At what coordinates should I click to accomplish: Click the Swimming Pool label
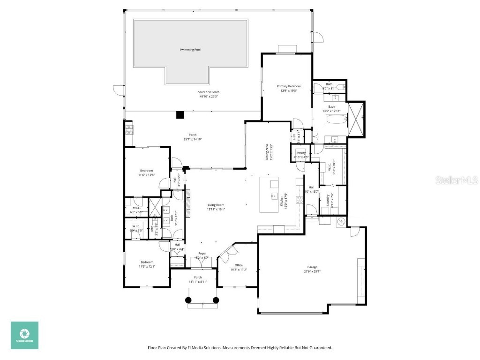190,49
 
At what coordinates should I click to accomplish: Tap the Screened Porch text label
209,92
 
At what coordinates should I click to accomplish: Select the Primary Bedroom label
288,86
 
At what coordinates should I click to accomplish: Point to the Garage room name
312,267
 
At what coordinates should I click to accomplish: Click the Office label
239,265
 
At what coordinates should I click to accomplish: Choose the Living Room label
216,205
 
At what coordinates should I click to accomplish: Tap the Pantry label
299,152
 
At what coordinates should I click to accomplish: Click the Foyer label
202,254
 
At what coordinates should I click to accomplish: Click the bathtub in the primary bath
334,120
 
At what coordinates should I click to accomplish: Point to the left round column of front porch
188,300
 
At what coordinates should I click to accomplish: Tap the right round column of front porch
216,300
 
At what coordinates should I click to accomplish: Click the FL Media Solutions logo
24,335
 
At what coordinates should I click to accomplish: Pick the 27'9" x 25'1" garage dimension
312,271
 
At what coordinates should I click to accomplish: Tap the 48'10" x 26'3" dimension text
209,97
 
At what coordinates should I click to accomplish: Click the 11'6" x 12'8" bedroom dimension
146,175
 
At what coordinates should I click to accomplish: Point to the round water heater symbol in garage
341,221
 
